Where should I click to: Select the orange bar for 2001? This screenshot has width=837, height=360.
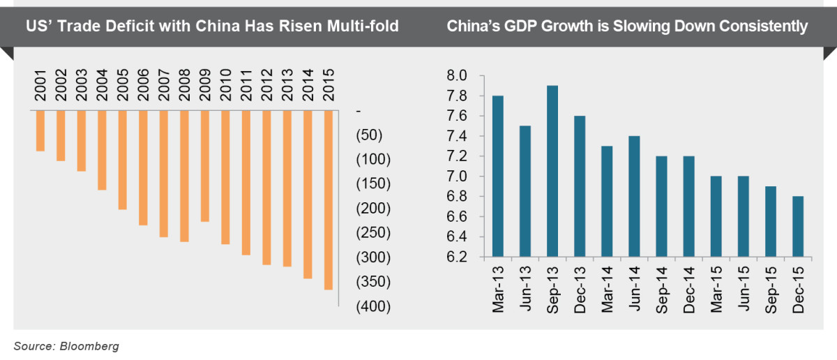(x=40, y=131)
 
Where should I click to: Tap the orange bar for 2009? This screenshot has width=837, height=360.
(x=205, y=166)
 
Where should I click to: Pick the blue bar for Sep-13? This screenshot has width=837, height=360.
(x=552, y=172)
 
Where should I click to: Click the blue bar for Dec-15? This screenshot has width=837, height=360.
(x=797, y=227)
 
